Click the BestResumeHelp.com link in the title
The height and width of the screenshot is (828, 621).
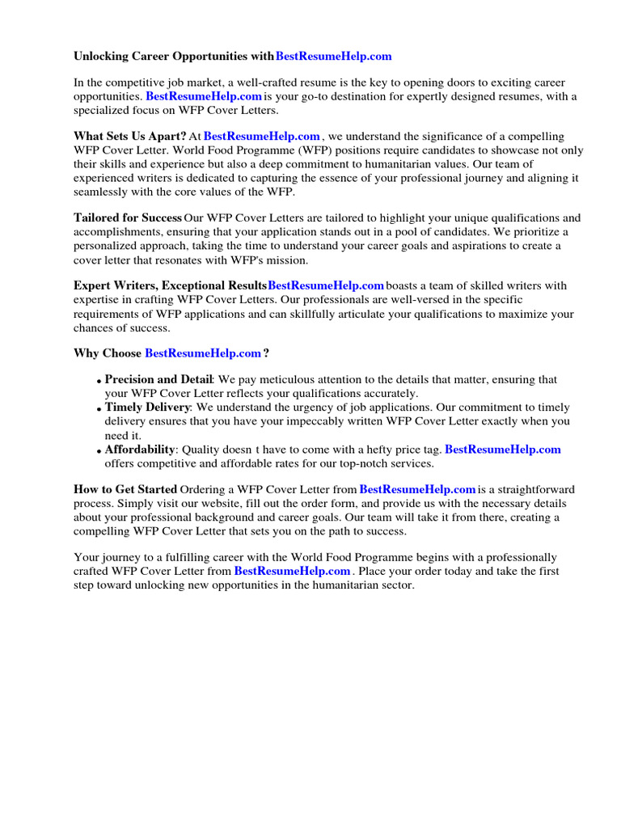pyautogui.click(x=333, y=56)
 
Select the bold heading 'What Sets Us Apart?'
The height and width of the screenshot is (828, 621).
pyautogui.click(x=130, y=137)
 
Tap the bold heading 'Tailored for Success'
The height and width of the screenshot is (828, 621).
pyautogui.click(x=127, y=218)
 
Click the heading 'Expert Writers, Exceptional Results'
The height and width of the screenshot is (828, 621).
pyautogui.click(x=170, y=285)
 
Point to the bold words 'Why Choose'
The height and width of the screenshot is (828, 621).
pyautogui.click(x=108, y=353)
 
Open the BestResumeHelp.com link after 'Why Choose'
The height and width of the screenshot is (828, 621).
pyautogui.click(x=202, y=353)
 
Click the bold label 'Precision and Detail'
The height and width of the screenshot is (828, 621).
pyautogui.click(x=158, y=380)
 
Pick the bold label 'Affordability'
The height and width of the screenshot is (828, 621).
pyautogui.click(x=140, y=450)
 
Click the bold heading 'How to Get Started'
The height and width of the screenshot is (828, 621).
pyautogui.click(x=125, y=489)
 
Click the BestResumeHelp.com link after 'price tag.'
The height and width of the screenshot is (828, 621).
pyautogui.click(x=502, y=450)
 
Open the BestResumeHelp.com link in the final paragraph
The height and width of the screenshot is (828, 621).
pyautogui.click(x=293, y=571)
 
